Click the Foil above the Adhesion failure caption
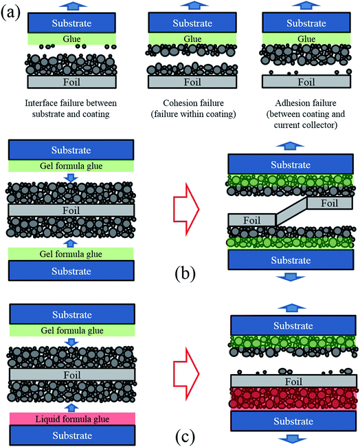pos(295,81)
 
